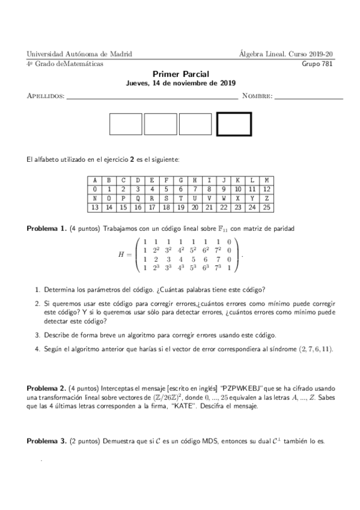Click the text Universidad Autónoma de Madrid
79,54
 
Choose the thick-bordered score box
233,124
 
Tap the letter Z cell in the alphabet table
266,198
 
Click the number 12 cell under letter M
266,189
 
